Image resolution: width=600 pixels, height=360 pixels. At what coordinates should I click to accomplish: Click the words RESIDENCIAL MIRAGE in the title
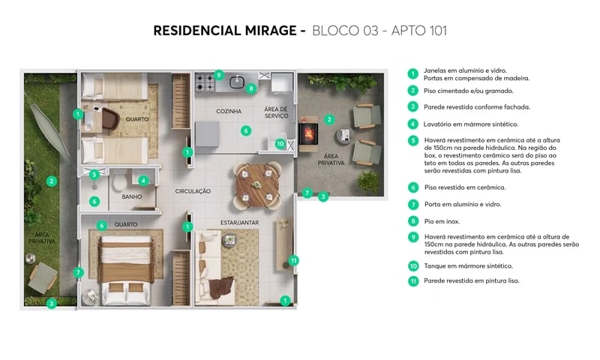click(x=225, y=31)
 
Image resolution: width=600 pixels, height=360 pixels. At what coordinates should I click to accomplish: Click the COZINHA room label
click(x=229, y=112)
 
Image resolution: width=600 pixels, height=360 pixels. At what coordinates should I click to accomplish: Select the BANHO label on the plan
click(x=131, y=196)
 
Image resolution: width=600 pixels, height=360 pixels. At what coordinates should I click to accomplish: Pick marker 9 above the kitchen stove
click(x=218, y=74)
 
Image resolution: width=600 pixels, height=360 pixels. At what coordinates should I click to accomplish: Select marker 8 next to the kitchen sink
click(x=251, y=88)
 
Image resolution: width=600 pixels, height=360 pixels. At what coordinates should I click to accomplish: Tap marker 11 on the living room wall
click(x=294, y=260)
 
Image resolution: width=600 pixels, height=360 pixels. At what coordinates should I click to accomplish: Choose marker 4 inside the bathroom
click(x=142, y=180)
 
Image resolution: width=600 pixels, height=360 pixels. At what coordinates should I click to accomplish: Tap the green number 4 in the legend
click(x=412, y=124)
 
